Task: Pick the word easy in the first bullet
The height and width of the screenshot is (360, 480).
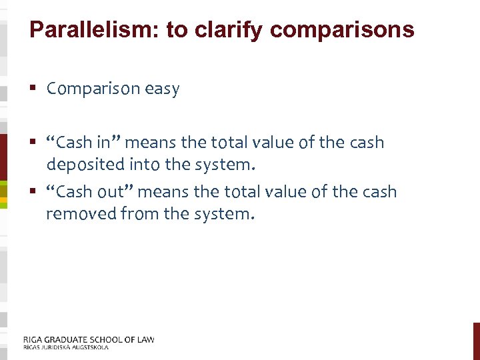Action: tap(161, 89)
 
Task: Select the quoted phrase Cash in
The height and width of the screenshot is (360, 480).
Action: tap(83, 142)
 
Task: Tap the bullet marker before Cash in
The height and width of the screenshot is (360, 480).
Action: tap(33, 142)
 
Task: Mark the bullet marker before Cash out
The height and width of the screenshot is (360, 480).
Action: tap(33, 192)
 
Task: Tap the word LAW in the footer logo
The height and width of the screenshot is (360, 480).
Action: tap(144, 339)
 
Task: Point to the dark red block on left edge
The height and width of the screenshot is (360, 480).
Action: tap(3, 157)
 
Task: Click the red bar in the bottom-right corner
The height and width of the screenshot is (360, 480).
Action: tap(476, 341)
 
